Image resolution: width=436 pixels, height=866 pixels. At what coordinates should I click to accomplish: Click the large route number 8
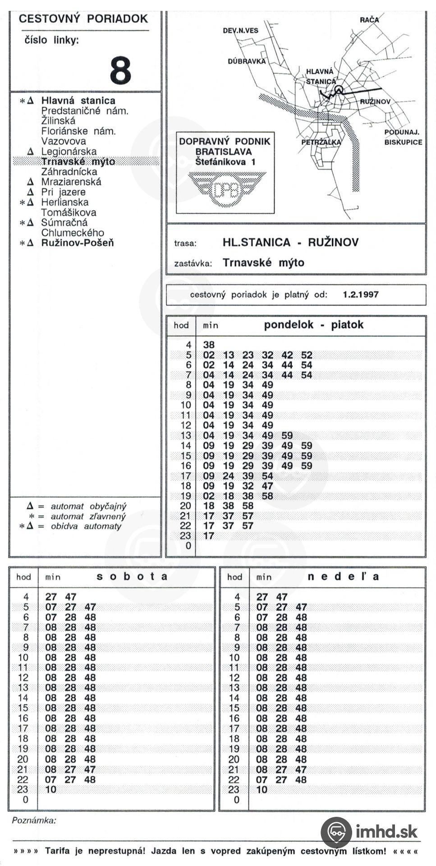pos(120,70)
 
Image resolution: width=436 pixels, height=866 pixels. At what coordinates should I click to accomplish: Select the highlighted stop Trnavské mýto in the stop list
pos(78,161)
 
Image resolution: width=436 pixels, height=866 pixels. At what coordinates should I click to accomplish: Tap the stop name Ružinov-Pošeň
pos(78,243)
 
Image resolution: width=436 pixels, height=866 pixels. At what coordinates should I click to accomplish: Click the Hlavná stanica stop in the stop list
pos(78,101)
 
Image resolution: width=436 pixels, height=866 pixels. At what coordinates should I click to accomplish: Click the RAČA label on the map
pos(369,19)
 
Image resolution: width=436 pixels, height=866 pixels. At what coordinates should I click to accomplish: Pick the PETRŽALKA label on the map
pos(321,142)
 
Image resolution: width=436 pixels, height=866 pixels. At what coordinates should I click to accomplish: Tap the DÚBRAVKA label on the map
pos(247,61)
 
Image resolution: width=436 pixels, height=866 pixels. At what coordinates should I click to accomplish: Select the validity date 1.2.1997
pos(360,295)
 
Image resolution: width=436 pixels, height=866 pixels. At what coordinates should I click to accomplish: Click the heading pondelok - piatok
pos(313,325)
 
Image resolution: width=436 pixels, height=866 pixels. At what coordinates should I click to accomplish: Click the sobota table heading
pos(132,576)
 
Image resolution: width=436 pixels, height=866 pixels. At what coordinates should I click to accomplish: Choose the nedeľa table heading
pos(343,576)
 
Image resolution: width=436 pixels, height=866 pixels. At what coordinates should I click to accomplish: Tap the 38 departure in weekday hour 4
pos(209,345)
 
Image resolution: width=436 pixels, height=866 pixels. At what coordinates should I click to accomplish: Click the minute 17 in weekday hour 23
pos(209,536)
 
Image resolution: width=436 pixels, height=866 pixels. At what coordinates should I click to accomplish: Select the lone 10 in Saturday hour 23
pos(51,789)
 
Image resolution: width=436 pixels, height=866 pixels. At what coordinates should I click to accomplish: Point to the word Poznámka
pos(34,820)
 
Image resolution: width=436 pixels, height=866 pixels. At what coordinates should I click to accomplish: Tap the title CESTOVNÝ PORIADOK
pos(83,19)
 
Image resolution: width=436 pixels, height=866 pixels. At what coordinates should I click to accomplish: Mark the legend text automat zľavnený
pos(88,516)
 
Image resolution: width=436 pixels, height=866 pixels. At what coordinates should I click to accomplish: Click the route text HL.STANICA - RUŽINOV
pos(290,243)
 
